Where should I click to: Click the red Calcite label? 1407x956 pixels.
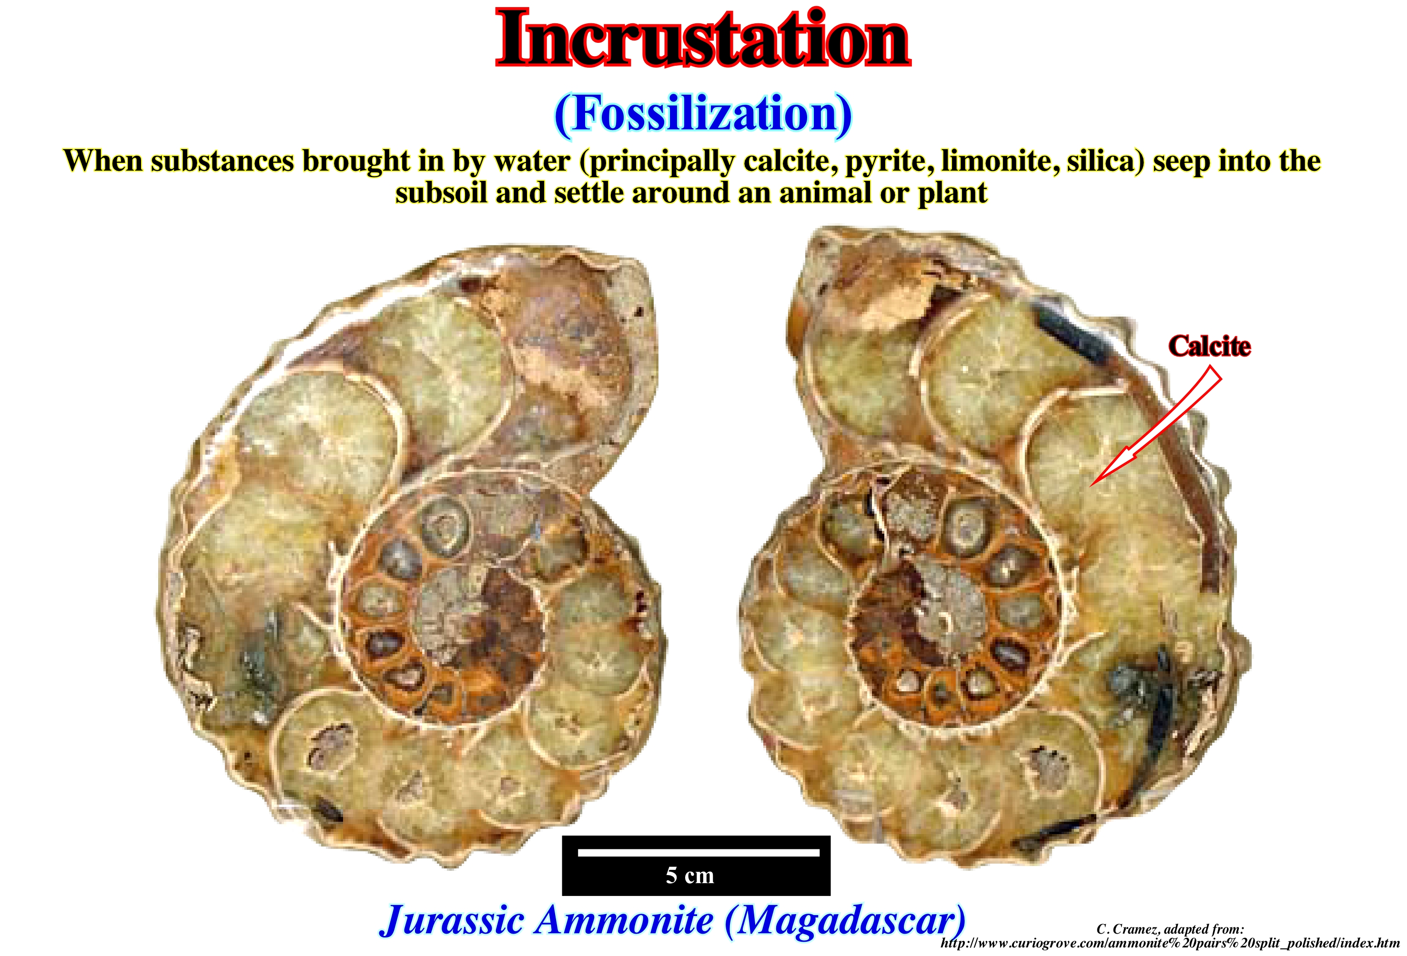(1209, 346)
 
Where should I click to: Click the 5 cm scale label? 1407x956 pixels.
(690, 876)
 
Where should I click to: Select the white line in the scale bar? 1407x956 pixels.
(698, 853)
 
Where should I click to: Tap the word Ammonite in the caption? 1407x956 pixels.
(626, 920)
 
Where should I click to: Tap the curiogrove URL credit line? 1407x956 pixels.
(1170, 943)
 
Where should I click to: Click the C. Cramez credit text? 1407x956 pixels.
(1170, 929)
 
